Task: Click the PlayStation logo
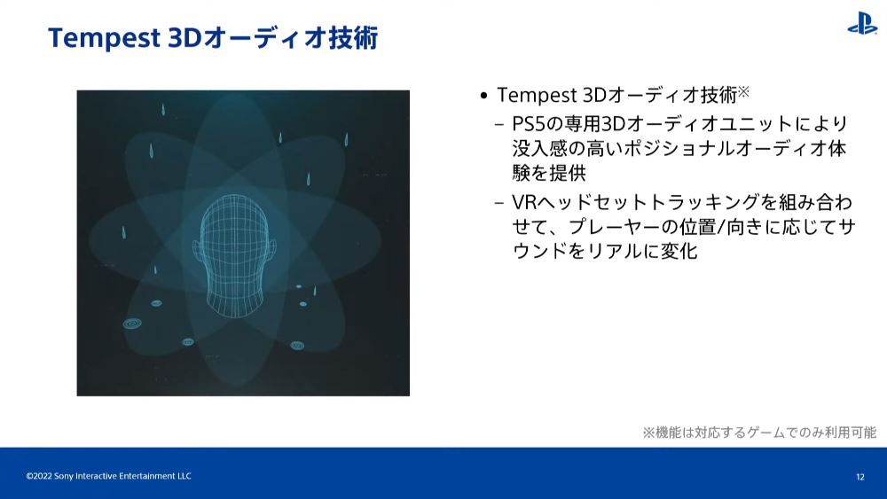pos(862,24)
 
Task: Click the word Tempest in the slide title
pos(105,38)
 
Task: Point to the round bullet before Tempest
pos(483,96)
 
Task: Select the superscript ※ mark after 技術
pos(743,91)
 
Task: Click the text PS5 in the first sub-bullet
pos(528,124)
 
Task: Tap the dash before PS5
pos(498,124)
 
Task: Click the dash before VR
pos(498,202)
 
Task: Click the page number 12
pos(860,477)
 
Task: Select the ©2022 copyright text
pos(108,476)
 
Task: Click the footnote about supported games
pos(759,433)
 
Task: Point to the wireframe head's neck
pos(233,300)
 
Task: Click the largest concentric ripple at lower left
pos(132,324)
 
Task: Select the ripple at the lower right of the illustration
pos(297,345)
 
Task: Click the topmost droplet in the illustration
pos(163,109)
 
